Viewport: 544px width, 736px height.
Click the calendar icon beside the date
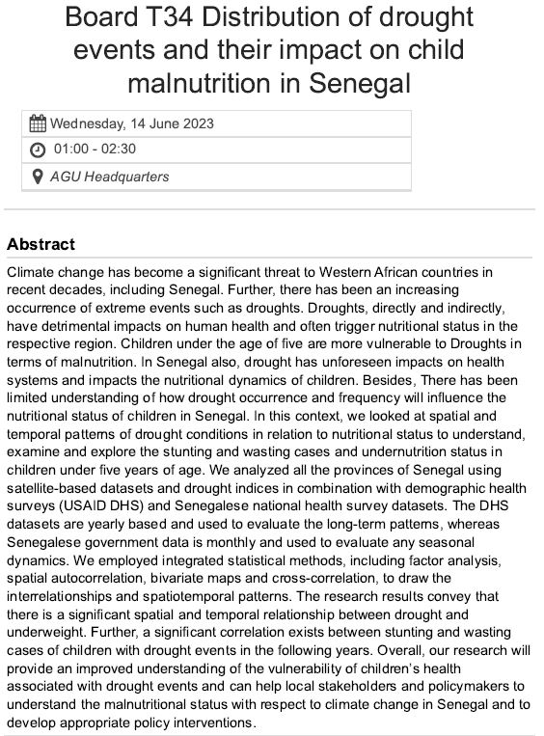[x=38, y=123]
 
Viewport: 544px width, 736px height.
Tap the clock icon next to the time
[x=38, y=150]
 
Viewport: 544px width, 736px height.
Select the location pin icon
[x=38, y=177]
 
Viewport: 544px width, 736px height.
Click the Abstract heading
[x=41, y=244]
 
